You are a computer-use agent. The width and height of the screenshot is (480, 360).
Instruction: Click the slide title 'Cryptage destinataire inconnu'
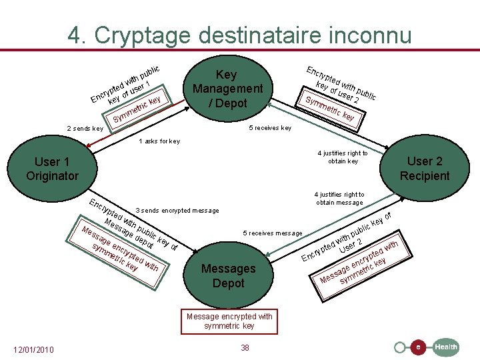pos(240,34)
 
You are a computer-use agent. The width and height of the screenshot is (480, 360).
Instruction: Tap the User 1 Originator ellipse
pos(52,169)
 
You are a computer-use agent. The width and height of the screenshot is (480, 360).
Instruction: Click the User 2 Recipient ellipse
pos(424,167)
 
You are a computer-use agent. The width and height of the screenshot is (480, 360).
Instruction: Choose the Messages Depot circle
pos(228,275)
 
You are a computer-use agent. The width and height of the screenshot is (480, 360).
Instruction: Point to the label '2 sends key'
pos(85,128)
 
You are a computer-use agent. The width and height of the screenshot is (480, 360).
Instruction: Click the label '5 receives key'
pos(269,128)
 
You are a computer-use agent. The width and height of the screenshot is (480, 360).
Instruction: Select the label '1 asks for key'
pos(159,141)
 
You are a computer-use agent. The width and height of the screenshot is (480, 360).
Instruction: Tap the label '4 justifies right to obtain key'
pos(343,157)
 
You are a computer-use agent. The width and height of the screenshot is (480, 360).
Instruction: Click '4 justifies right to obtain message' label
pos(339,199)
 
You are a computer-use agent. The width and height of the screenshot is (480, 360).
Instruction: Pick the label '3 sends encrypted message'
pos(177,211)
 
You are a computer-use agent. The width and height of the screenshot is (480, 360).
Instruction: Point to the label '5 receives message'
pos(273,233)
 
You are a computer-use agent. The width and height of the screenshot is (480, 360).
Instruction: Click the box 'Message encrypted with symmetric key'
pos(229,321)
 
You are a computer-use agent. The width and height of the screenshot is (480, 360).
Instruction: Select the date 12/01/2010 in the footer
pos(34,349)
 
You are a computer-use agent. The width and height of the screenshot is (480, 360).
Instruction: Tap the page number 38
pos(245,347)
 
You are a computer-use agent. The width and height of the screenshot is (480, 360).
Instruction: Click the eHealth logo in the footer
pos(445,347)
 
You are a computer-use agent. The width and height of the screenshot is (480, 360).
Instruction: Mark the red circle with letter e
pos(417,347)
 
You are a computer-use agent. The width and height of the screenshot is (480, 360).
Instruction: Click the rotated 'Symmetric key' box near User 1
pos(137,110)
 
